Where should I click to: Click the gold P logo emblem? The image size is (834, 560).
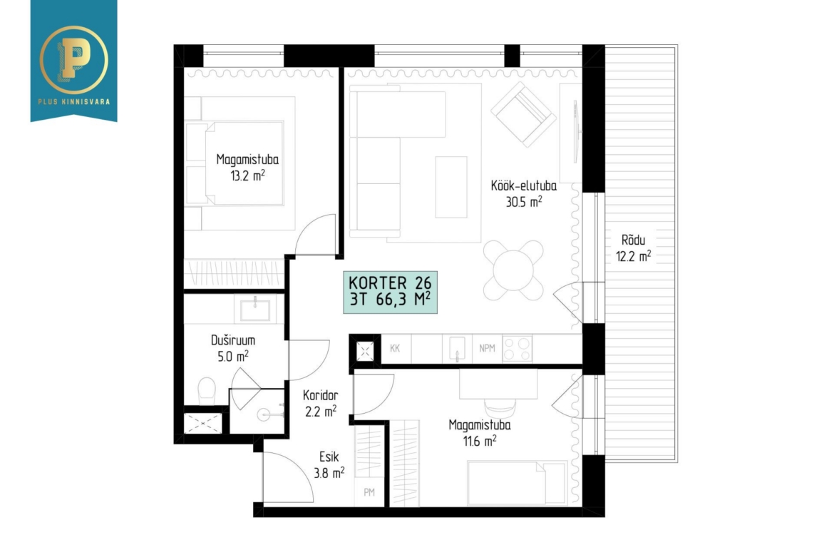[73, 60]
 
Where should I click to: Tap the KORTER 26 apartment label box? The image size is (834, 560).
[391, 292]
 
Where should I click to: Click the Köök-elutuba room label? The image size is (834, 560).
[524, 185]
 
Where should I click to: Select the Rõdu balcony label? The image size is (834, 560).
[633, 240]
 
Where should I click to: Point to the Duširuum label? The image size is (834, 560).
[233, 340]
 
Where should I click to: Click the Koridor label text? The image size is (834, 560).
[320, 395]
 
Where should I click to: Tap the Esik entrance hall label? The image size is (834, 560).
[329, 457]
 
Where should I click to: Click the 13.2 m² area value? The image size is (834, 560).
[247, 175]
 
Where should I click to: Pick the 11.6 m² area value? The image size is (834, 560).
[480, 441]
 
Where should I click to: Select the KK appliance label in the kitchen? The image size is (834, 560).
[395, 348]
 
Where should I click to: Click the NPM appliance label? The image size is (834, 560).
[487, 348]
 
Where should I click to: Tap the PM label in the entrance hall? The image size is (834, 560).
[369, 492]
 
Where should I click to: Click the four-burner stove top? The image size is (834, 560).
[517, 349]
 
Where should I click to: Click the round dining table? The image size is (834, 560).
[513, 270]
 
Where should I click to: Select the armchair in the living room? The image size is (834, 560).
[523, 114]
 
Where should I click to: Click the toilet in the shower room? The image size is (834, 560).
[207, 391]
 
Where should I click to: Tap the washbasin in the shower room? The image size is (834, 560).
[254, 310]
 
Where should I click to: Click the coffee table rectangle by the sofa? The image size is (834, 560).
[451, 187]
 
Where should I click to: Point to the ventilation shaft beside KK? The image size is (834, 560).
[365, 351]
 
